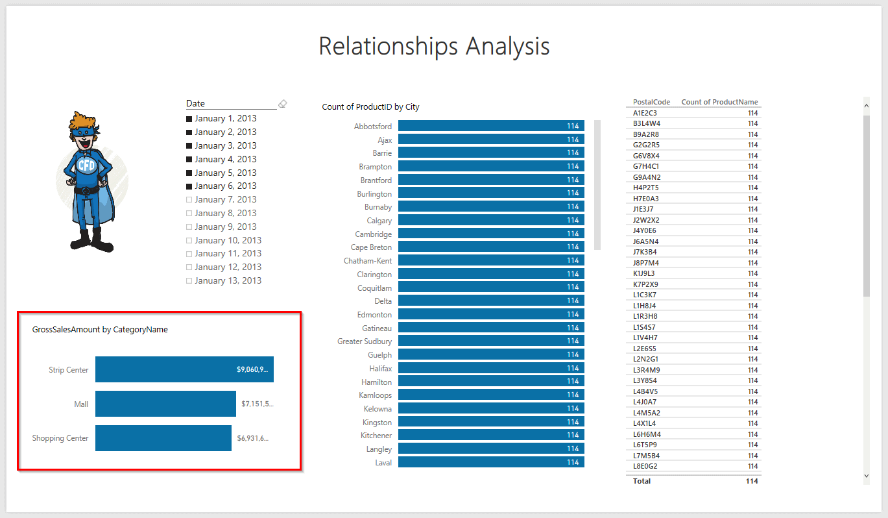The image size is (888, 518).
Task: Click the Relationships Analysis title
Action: tap(434, 47)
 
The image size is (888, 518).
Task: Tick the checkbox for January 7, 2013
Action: tap(189, 200)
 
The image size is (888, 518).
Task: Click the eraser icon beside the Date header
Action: tap(282, 104)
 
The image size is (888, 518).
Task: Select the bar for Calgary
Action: tap(490, 220)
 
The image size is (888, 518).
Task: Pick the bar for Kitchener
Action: tap(490, 435)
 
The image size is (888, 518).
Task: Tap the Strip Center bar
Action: tap(184, 369)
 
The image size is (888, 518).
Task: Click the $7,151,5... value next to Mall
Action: tap(258, 404)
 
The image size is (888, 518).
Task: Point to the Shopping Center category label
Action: tap(60, 438)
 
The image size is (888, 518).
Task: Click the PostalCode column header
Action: tap(651, 102)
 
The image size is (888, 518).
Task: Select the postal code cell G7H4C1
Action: tap(646, 166)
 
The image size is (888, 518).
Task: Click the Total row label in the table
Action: tap(642, 481)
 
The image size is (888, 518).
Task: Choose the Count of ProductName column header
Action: tap(719, 102)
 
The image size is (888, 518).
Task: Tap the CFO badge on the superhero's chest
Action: tap(86, 165)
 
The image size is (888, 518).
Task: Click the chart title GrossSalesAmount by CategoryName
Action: tap(100, 330)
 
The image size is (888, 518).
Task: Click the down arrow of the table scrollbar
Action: tap(867, 476)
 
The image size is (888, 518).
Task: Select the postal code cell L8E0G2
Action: tap(645, 466)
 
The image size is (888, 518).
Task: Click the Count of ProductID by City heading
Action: tap(370, 107)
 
